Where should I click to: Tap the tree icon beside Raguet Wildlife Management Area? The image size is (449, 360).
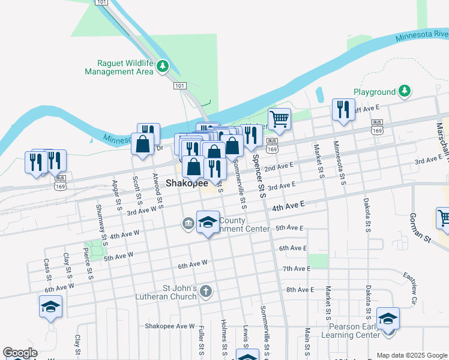[163, 67]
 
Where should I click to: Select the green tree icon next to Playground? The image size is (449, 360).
[405, 91]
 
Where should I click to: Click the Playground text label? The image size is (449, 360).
[375, 92]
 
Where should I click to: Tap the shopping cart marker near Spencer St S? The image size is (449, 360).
[279, 119]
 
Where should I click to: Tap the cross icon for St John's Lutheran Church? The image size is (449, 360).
[206, 292]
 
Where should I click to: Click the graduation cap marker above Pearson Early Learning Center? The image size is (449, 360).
[388, 318]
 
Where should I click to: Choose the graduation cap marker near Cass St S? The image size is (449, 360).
[50, 307]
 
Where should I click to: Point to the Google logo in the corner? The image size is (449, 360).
[19, 353]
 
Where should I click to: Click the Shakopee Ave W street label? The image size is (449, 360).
[170, 326]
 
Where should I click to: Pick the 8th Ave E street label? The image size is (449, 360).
[300, 290]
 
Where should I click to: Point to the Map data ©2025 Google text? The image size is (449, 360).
[411, 355]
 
